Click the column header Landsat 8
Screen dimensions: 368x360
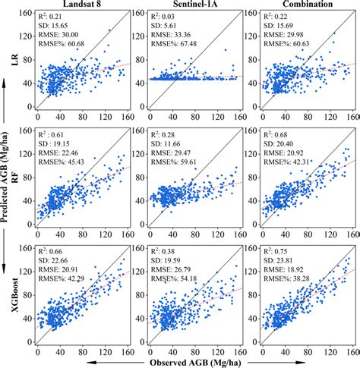[79, 5]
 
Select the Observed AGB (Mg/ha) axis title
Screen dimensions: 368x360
[191, 361]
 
